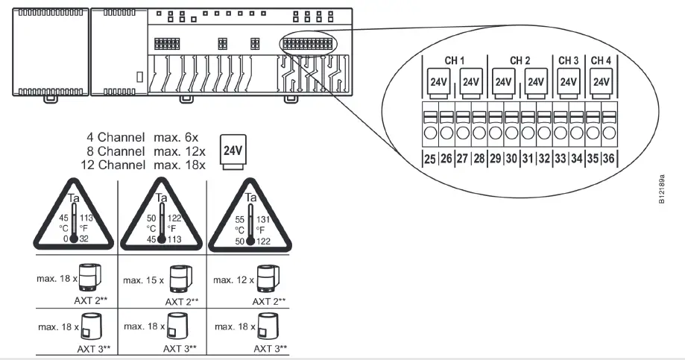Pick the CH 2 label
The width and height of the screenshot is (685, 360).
tap(520, 60)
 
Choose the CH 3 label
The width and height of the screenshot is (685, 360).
tap(569, 60)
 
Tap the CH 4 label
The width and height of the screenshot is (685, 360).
tap(601, 60)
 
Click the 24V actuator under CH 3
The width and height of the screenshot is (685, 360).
tap(569, 82)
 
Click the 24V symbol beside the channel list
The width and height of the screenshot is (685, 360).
tap(233, 150)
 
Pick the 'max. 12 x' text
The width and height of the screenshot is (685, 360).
tap(234, 280)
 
